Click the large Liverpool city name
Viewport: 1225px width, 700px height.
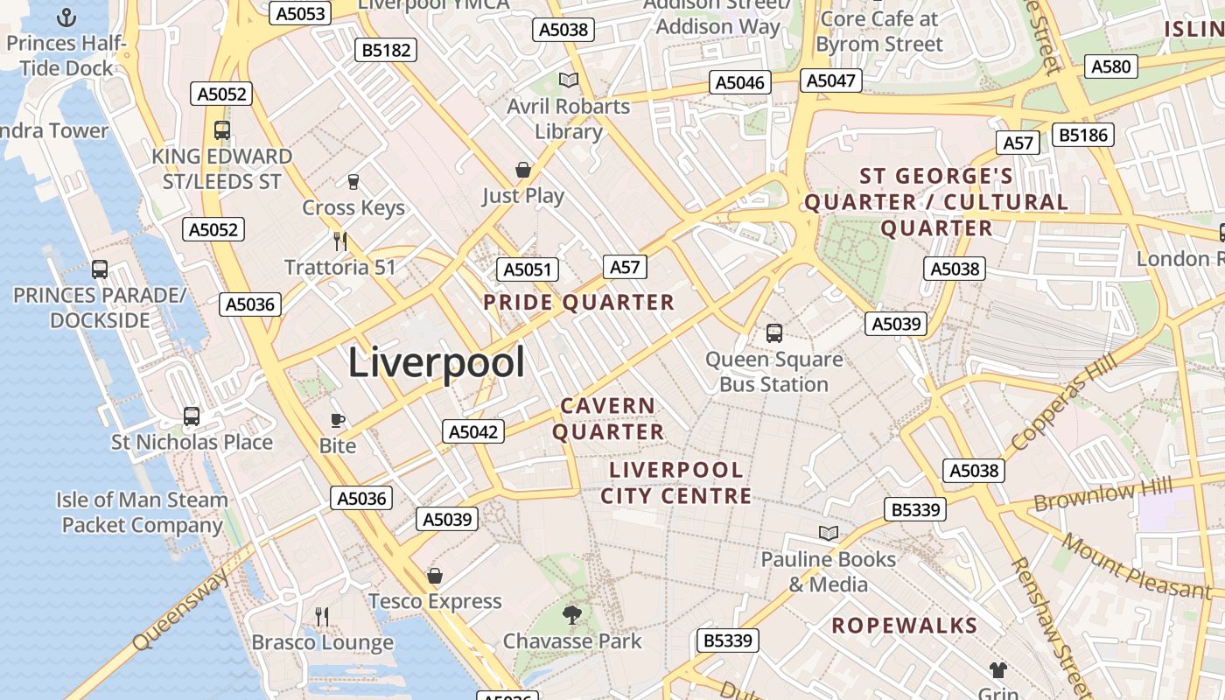coord(437,362)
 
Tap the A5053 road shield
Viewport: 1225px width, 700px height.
coord(300,13)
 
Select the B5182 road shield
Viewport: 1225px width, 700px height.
coord(387,50)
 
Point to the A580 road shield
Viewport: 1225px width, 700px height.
coord(1111,66)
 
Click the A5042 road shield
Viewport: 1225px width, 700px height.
coord(473,431)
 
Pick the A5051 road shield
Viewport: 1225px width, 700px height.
coord(528,269)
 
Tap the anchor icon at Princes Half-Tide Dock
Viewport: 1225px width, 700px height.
coord(66,17)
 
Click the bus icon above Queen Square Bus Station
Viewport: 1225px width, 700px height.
coord(774,332)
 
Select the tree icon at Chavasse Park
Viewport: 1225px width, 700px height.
coord(572,615)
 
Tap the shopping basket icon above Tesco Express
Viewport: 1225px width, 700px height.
coord(435,576)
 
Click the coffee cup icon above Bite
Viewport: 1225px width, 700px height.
coord(338,421)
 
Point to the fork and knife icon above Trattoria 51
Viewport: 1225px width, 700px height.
coord(340,241)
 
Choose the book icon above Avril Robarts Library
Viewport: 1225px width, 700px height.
coord(569,80)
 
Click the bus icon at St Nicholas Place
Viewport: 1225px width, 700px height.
coord(192,416)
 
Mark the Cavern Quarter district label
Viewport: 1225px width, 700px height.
coord(608,419)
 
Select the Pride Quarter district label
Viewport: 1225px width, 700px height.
coord(578,303)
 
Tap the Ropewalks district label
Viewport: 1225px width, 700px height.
coord(904,626)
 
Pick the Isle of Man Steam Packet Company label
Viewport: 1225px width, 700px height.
coord(142,513)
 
